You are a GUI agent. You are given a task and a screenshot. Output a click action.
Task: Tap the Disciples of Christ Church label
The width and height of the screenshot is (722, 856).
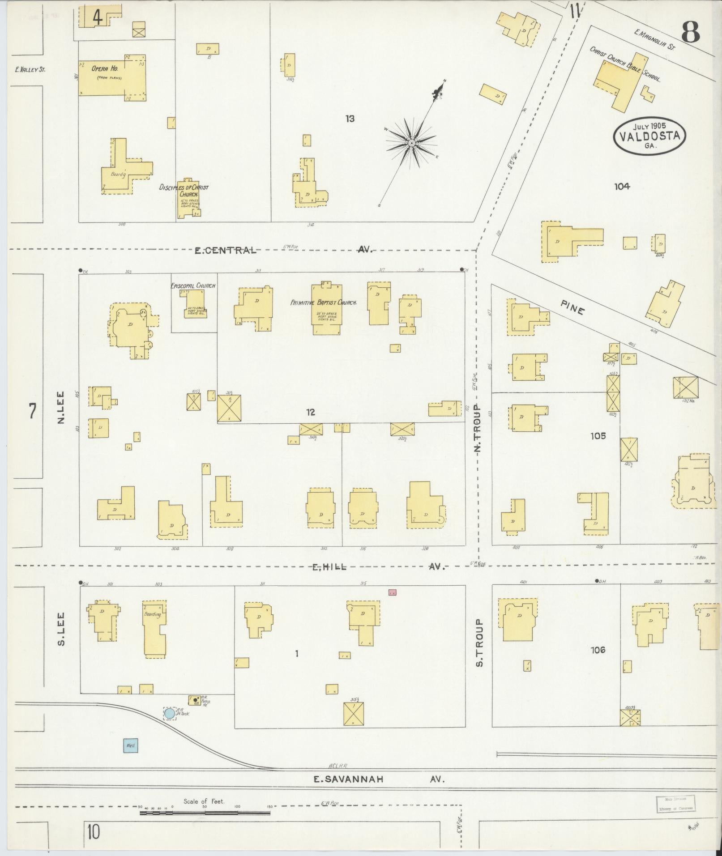pos(184,191)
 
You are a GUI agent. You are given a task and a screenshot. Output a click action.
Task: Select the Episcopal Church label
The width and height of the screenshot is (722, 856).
pos(193,285)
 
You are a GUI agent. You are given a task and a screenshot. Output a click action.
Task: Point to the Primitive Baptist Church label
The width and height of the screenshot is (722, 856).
pos(324,303)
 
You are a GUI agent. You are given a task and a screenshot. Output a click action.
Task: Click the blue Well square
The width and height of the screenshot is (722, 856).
pos(130,746)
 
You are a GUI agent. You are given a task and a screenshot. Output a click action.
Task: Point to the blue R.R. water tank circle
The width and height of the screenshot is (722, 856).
pos(169,713)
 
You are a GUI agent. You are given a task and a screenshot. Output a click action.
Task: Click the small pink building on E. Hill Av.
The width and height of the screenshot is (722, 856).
pos(393,592)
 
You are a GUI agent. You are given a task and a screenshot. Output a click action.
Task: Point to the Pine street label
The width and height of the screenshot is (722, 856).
pos(572,307)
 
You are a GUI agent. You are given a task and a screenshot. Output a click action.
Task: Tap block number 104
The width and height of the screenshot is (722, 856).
pos(622,187)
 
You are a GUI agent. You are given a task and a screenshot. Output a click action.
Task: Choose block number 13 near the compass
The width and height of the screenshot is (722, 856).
pos(350,119)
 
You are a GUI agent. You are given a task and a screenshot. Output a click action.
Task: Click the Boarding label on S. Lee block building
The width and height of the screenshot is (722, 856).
pos(152,614)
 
